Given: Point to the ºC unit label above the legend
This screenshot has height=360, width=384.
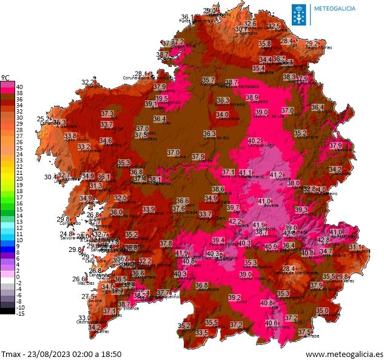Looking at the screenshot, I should coord(6,77).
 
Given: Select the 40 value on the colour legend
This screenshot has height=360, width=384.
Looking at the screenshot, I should coord(20,86).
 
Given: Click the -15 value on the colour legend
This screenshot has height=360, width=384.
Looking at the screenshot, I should coord(20,313).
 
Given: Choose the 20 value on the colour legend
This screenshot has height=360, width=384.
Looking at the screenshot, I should coord(20,179).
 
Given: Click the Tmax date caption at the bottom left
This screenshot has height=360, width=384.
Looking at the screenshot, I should coord(61,353).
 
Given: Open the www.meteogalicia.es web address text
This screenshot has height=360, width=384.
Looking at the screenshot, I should coord(344,353).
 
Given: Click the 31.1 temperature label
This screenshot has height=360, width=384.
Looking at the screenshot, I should coord(355,248).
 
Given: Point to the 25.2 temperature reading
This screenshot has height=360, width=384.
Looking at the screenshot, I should coord(44,119).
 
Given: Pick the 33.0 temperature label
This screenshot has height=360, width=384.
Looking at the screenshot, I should coord(84,318).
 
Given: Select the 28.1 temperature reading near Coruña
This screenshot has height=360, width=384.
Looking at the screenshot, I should coord(141,73).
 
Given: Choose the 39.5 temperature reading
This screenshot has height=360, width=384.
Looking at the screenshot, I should coord(161,98).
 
